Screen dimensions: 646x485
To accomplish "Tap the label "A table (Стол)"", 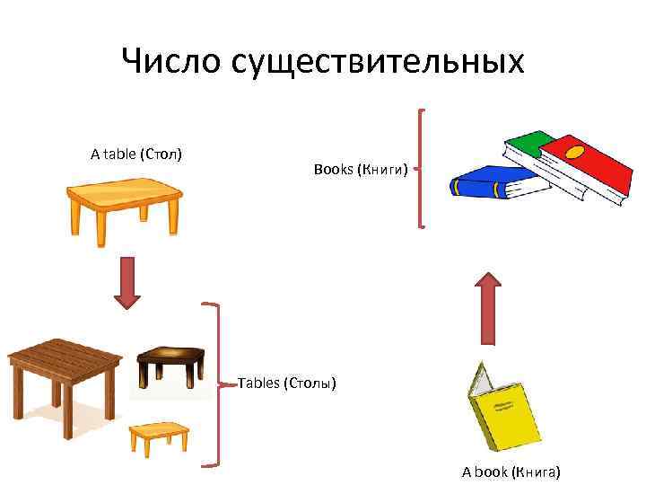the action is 136,154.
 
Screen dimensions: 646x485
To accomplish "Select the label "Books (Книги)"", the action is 361,169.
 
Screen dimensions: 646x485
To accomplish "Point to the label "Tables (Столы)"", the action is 287,384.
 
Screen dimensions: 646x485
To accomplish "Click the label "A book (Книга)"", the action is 511,471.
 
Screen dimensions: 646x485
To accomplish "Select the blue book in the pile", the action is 493,182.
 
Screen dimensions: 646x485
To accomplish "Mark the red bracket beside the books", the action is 420,168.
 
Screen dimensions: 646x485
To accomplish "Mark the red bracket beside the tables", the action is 215,384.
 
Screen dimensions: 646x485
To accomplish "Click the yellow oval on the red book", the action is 574,150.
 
